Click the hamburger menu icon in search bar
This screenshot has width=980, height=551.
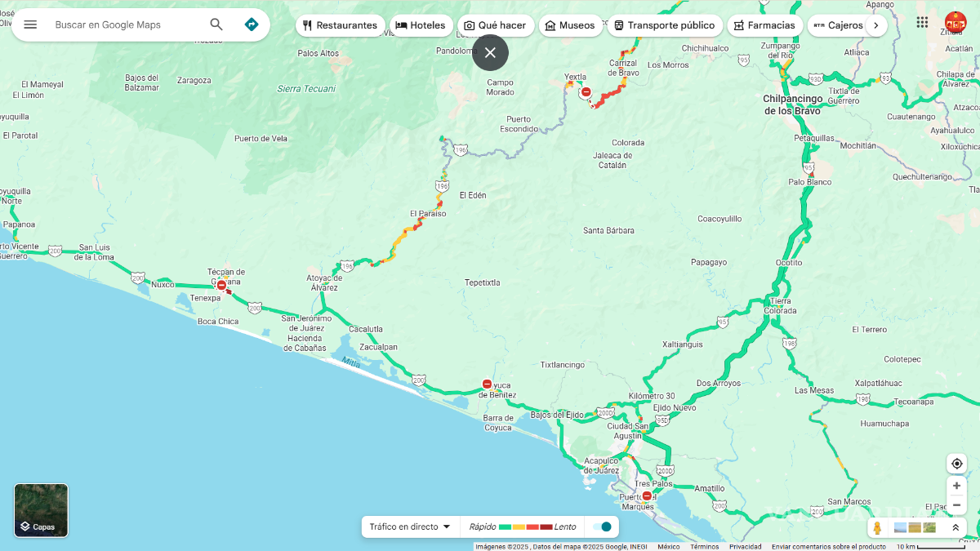30,24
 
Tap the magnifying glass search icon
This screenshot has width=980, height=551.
216,24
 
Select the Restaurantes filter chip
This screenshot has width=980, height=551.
340,25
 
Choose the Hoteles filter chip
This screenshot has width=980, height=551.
421,25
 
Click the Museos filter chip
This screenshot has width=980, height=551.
570,25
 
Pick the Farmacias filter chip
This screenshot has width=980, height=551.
764,25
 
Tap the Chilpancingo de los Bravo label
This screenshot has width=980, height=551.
793,104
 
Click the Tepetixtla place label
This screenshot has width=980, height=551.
482,282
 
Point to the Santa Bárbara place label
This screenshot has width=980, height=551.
608,231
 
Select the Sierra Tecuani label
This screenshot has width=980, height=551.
306,88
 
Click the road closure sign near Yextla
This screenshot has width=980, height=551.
586,92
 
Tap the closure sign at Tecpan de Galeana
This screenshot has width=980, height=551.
221,285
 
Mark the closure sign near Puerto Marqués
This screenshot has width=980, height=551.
647,495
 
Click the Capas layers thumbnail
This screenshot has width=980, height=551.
41,510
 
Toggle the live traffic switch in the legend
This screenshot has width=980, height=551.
602,527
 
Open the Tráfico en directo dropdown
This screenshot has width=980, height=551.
410,527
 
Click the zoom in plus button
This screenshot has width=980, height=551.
956,486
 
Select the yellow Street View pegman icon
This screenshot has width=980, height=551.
877,528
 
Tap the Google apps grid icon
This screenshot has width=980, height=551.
922,23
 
